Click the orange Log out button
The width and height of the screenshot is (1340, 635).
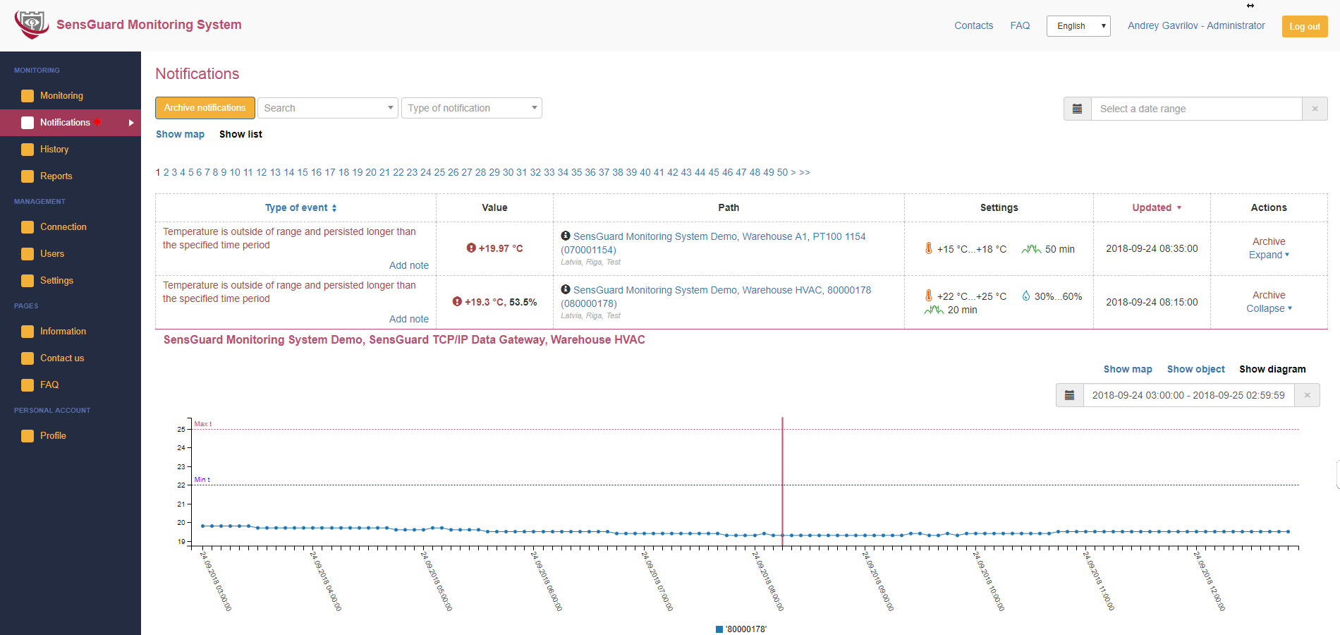coord(1304,26)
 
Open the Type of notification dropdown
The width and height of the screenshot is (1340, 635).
coord(471,108)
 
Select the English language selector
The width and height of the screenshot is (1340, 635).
coord(1078,26)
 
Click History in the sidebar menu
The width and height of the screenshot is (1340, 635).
coord(54,150)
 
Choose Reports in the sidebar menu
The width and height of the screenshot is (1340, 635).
coord(56,176)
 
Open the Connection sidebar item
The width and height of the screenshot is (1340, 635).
coord(63,227)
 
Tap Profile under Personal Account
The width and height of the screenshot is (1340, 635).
coord(53,436)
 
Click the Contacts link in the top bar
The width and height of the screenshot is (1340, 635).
coord(973,25)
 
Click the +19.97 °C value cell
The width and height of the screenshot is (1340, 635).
coord(495,248)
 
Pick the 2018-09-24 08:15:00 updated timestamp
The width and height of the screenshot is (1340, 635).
coord(1152,302)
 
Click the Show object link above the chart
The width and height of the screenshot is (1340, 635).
coord(1195,369)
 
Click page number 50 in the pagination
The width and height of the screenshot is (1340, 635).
coord(782,172)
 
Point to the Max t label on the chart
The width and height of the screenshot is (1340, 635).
coord(202,424)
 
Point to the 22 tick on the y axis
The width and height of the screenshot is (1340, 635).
coord(181,485)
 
